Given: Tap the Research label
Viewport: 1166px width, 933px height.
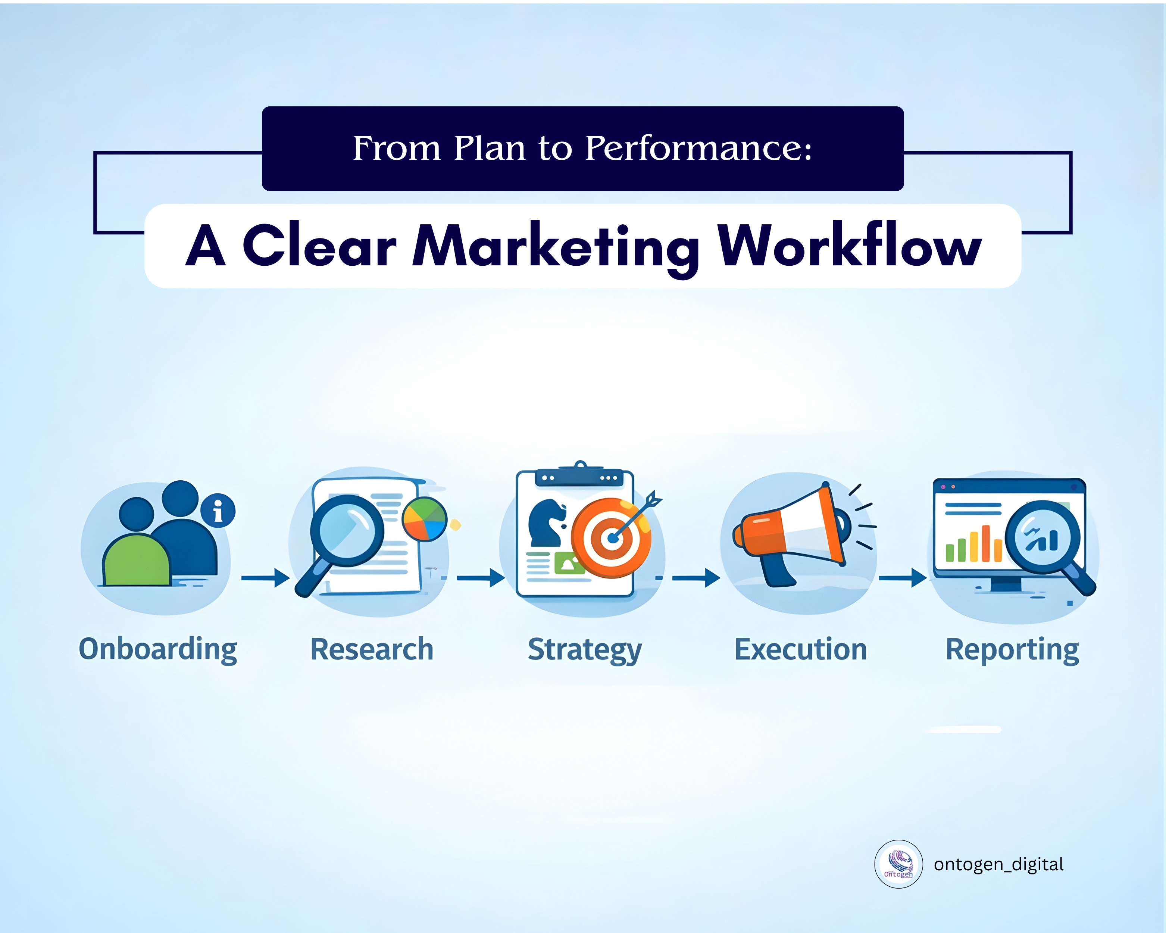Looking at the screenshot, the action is coord(372,649).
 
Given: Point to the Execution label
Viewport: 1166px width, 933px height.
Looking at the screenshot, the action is coord(800,649).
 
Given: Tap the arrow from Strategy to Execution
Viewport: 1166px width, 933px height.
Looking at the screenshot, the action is coord(696,578).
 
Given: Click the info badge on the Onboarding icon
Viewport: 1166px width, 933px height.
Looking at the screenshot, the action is coord(218,511).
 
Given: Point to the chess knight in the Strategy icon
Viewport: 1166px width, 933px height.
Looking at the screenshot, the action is coord(547,522).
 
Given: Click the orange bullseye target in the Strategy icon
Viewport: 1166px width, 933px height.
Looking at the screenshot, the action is coord(611,538).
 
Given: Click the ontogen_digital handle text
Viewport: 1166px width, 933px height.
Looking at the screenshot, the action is coord(998,864).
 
